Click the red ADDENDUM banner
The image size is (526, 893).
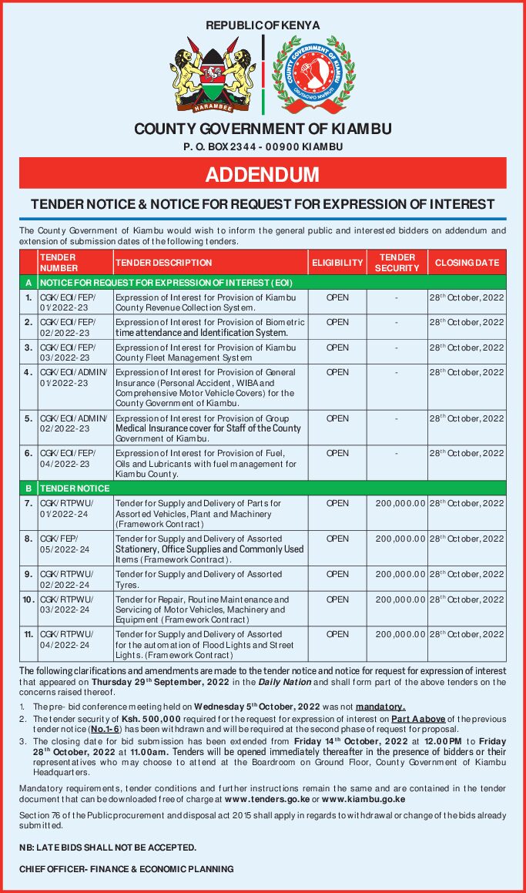click(263, 174)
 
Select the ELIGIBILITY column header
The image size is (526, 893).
click(337, 263)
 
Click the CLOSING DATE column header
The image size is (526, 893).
click(467, 263)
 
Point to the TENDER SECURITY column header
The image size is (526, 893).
click(397, 263)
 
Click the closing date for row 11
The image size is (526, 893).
click(467, 634)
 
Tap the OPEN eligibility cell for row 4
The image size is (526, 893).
click(337, 372)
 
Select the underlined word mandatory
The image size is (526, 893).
click(380, 707)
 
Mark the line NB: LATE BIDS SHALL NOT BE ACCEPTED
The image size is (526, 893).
click(107, 847)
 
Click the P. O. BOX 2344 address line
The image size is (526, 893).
click(263, 146)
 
